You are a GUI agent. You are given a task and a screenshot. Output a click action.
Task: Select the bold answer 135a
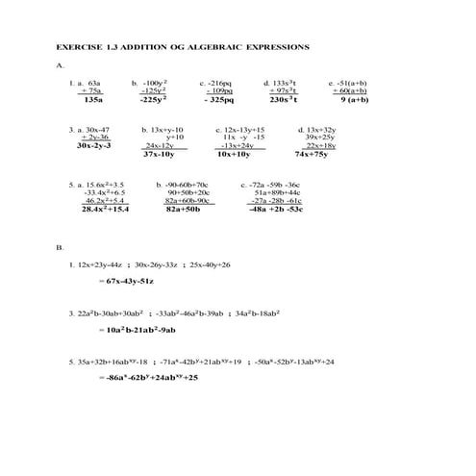coord(93,99)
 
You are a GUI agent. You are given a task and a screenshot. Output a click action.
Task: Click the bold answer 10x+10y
coord(234,154)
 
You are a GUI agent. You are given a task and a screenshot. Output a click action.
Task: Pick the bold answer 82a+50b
coord(183,208)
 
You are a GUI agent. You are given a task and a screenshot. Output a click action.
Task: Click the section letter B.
coord(60,248)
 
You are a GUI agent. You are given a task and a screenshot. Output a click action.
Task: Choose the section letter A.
coord(60,65)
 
